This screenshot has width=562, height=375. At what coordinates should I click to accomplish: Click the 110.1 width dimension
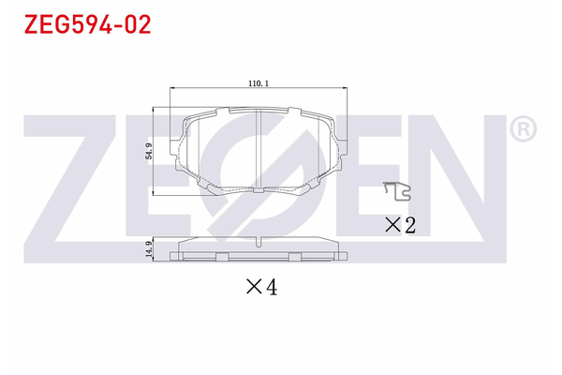coord(259,83)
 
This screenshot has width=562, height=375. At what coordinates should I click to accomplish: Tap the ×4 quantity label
coord(261,288)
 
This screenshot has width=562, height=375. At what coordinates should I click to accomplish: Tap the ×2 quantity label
coord(400,224)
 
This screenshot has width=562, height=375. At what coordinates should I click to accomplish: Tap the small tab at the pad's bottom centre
coord(258,189)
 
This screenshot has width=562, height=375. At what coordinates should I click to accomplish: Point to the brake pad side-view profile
coord(258,251)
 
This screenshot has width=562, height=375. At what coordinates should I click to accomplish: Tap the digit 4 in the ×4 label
coord(272,288)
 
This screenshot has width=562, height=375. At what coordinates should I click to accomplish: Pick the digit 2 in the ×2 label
coord(409,224)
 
